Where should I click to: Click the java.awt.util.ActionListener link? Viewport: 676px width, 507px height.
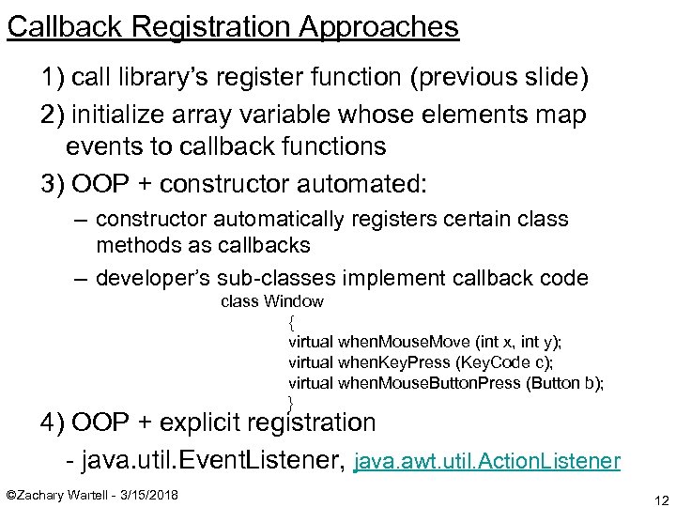(x=486, y=461)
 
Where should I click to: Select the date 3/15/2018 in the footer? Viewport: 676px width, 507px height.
(x=152, y=495)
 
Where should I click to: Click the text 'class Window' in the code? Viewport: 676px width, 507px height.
(x=271, y=301)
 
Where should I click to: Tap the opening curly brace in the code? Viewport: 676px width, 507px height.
(x=291, y=321)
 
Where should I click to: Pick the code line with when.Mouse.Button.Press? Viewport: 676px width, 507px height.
(x=445, y=383)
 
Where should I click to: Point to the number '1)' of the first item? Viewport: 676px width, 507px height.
(x=54, y=77)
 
